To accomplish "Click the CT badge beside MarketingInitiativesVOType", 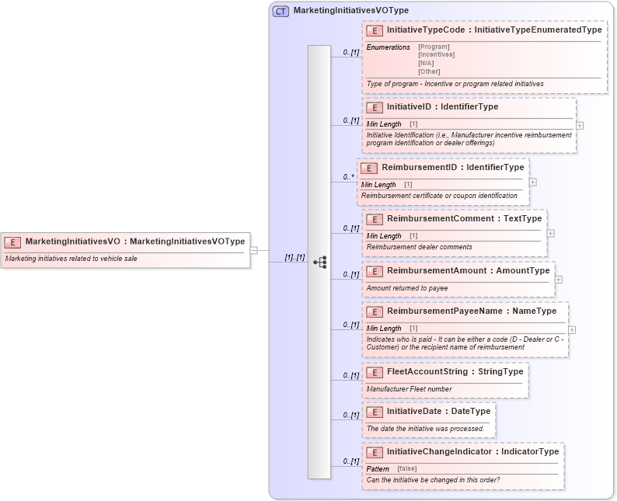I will click(x=281, y=11).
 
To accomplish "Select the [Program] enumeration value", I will click(x=434, y=47).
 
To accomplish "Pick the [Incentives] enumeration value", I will click(x=436, y=54).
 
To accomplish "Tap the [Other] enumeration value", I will click(x=429, y=71).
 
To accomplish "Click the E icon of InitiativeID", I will click(x=375, y=107).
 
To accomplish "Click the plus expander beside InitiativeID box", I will click(x=580, y=125).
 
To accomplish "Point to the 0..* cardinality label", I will click(x=349, y=177).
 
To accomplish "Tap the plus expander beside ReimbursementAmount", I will click(x=559, y=279).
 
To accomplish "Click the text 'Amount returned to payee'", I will click(x=407, y=288).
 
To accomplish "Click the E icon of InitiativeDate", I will click(x=375, y=412).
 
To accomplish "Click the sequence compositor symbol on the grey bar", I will click(x=319, y=263).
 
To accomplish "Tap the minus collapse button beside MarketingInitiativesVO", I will click(x=254, y=251).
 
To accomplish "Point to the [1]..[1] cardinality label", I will click(x=294, y=257).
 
